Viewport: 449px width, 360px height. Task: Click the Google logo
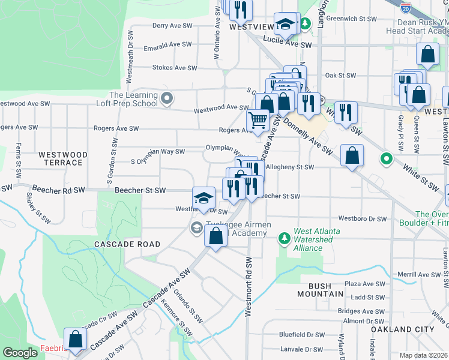(x=20, y=353)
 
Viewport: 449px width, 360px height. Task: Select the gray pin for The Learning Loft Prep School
(x=167, y=97)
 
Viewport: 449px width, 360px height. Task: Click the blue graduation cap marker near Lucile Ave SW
(x=285, y=24)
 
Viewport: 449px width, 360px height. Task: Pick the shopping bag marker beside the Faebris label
(x=75, y=339)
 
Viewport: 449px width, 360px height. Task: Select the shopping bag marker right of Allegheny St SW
(x=352, y=155)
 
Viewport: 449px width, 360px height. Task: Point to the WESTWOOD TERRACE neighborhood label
(x=62, y=158)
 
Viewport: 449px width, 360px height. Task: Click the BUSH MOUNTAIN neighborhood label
(x=321, y=290)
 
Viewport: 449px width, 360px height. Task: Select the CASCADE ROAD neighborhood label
(x=127, y=244)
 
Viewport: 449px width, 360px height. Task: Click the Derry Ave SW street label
(x=172, y=26)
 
